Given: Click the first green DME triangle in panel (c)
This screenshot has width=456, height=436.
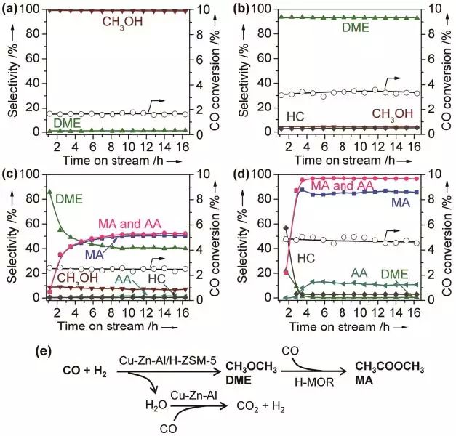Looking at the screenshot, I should [49, 192].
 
